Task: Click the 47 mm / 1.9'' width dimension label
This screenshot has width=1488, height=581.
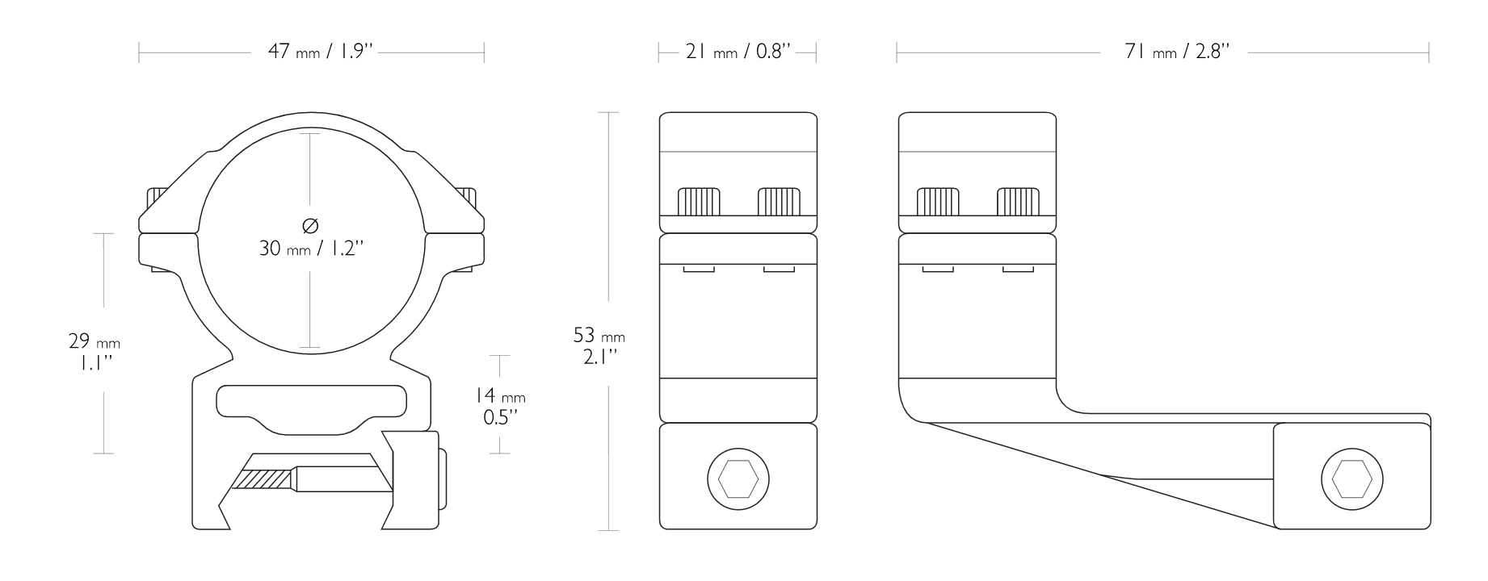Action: point(322,52)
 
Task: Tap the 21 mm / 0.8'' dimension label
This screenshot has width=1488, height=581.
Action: point(738,52)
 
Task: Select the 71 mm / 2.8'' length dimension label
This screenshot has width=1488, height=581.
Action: point(1177,52)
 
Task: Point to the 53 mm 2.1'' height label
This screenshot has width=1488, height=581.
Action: point(599,345)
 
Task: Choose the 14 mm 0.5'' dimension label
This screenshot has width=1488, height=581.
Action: point(499,406)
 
